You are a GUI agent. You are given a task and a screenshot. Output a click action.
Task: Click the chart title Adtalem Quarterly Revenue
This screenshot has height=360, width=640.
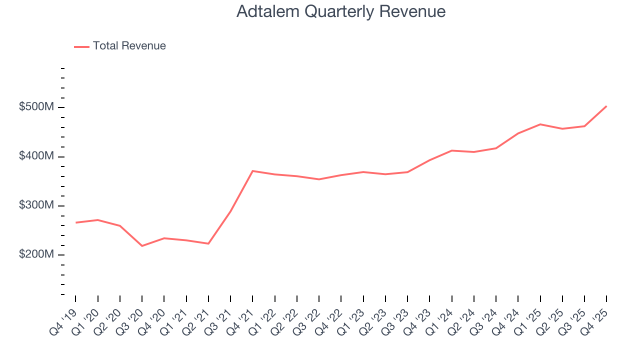[x=340, y=11]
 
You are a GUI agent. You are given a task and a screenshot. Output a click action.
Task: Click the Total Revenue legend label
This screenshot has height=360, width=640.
[x=129, y=46]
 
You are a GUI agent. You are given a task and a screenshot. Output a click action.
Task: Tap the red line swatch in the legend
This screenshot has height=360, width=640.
[x=81, y=46]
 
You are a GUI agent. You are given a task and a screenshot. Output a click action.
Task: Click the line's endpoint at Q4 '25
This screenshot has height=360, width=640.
[x=606, y=106]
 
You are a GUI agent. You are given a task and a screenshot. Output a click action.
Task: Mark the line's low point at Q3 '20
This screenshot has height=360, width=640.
[x=142, y=246]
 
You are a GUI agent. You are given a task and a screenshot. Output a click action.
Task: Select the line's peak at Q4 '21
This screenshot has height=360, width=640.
[x=252, y=171]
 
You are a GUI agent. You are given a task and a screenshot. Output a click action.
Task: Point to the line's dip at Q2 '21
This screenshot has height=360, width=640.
[x=208, y=243]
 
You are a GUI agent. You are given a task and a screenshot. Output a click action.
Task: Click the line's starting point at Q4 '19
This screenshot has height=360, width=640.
[x=75, y=222]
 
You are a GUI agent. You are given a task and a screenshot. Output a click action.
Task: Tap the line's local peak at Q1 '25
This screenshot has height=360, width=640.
[x=540, y=124]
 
